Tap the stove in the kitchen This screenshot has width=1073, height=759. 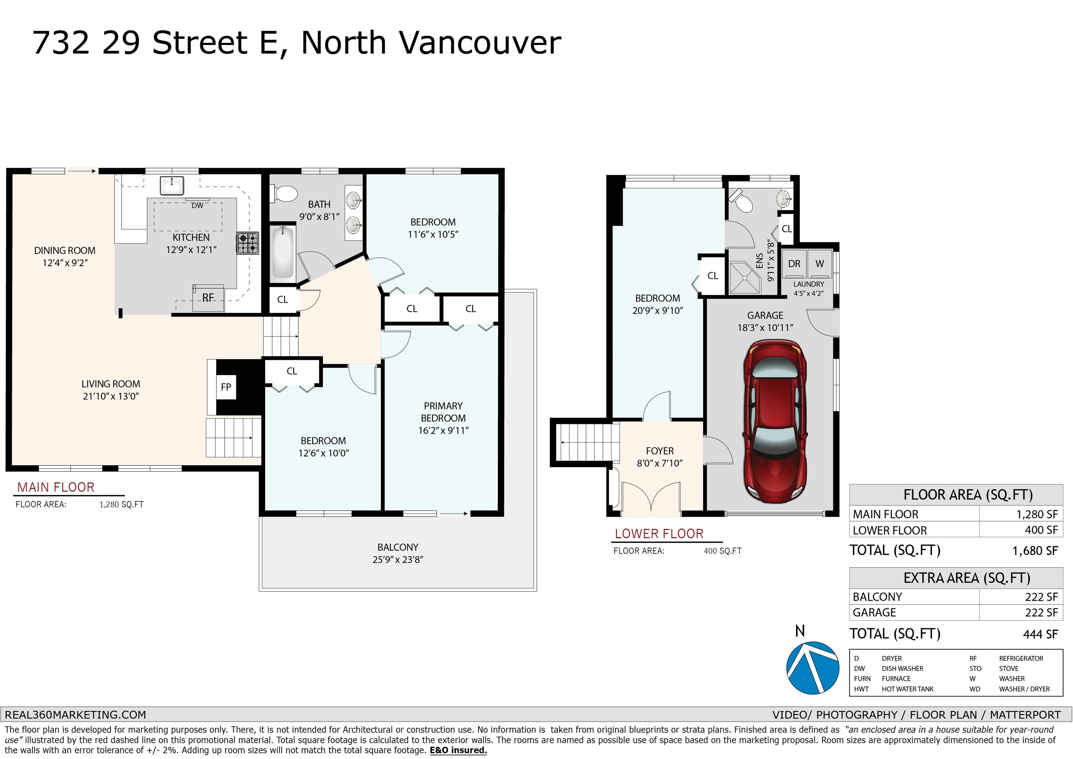(248, 243)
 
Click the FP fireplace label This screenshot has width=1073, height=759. (226, 387)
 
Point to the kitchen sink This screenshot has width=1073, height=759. (172, 185)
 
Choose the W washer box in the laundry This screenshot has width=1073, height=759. (820, 264)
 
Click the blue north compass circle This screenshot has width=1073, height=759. (813, 667)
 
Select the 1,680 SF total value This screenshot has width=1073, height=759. (1035, 551)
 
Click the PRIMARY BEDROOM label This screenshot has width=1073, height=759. (443, 412)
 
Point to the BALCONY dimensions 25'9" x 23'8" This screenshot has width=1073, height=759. (398, 560)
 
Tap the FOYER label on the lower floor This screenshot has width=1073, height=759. (660, 451)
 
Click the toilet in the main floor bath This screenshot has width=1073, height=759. (284, 194)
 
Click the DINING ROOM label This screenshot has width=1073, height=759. (65, 251)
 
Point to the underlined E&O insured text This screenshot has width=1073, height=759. (458, 751)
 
